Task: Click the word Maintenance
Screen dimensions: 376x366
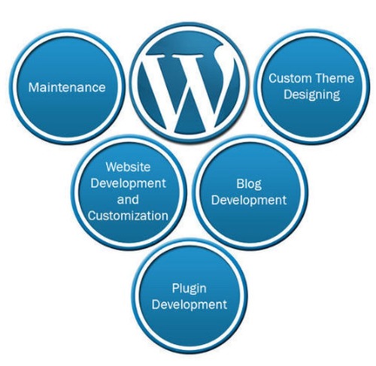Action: click(67, 87)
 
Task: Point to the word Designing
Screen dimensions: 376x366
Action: click(312, 95)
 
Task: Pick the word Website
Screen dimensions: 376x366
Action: click(128, 167)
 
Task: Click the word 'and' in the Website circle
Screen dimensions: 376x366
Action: click(128, 200)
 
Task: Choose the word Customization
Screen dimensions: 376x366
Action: click(128, 216)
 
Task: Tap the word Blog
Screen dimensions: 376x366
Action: click(249, 185)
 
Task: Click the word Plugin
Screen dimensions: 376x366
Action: click(190, 289)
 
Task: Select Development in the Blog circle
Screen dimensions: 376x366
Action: click(249, 201)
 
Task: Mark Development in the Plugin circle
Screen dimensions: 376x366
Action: click(190, 305)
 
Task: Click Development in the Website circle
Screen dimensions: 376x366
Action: click(128, 183)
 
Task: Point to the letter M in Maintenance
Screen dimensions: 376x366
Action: click(33, 87)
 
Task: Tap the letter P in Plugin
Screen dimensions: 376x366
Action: click(175, 288)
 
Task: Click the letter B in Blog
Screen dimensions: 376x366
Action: click(240, 184)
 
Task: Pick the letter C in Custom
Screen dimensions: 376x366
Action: click(273, 78)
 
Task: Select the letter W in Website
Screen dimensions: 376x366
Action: click(112, 167)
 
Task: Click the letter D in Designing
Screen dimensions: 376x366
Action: click(288, 94)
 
